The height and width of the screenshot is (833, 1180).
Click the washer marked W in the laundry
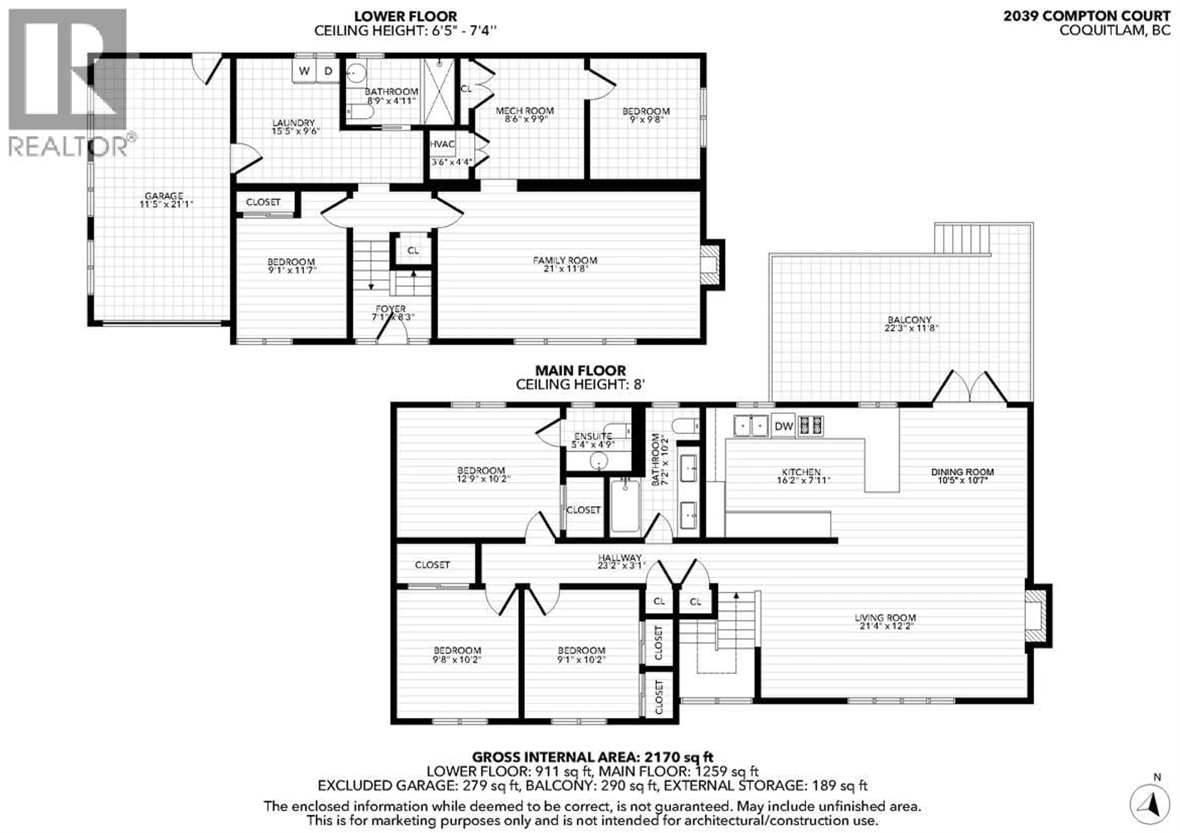point(304,71)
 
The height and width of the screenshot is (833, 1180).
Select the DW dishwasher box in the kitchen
point(783,426)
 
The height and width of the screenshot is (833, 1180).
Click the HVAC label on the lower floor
point(442,144)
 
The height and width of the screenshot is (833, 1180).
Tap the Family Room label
point(565,261)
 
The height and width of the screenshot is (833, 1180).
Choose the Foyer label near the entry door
point(391,309)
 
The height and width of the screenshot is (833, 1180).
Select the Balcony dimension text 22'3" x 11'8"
point(911,328)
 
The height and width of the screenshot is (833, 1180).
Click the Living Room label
point(885,618)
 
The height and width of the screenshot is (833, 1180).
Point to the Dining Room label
point(962,472)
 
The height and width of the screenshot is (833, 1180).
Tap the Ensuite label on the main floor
point(593,436)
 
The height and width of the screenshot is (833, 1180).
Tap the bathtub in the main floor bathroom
point(625,506)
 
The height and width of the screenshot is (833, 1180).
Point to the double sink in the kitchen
point(751,426)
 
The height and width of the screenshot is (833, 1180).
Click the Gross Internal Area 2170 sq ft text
point(592,757)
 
